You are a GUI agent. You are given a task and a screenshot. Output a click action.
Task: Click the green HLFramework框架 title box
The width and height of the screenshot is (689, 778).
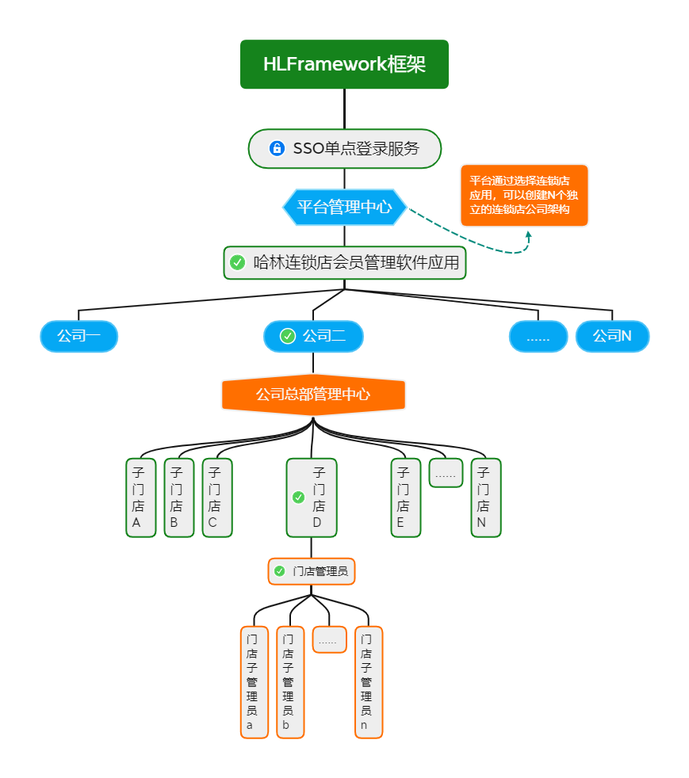344,64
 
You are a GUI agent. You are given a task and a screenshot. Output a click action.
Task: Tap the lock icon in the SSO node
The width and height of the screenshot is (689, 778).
277,148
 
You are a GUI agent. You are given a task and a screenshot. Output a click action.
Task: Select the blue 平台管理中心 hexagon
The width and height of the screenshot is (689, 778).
344,208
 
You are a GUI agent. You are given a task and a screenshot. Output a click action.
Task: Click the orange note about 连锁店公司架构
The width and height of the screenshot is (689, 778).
524,196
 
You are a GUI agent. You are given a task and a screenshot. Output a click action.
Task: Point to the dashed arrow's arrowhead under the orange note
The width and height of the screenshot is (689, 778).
528,235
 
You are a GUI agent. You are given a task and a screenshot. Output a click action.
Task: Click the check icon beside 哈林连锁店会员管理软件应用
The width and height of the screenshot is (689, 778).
237,262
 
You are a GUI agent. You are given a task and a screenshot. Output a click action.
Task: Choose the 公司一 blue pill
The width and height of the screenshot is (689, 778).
78,336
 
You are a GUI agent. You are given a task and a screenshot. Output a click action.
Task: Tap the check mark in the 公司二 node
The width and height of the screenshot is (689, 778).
288,336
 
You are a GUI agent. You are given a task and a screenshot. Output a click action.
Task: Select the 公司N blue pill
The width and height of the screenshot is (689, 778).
612,336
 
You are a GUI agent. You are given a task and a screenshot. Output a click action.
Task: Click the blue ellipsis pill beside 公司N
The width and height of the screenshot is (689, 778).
538,336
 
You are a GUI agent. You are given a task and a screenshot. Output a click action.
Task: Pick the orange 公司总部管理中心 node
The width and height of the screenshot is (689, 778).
313,395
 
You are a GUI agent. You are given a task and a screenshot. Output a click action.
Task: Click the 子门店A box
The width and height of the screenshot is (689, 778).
140,498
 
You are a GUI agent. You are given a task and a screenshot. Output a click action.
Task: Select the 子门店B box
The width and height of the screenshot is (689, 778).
178,498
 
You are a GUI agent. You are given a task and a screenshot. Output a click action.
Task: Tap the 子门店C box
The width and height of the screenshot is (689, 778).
216,498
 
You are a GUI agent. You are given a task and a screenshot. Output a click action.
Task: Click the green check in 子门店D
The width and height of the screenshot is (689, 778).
298,498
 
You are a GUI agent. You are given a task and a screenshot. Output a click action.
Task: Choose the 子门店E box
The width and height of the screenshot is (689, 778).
405,498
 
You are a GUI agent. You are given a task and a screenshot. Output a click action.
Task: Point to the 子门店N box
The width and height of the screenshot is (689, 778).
485,498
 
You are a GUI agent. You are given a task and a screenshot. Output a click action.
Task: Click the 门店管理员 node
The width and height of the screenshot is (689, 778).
312,571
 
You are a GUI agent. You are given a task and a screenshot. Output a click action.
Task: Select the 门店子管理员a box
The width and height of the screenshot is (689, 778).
255,682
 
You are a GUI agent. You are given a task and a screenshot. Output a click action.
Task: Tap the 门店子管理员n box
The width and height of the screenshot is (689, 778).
369,682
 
